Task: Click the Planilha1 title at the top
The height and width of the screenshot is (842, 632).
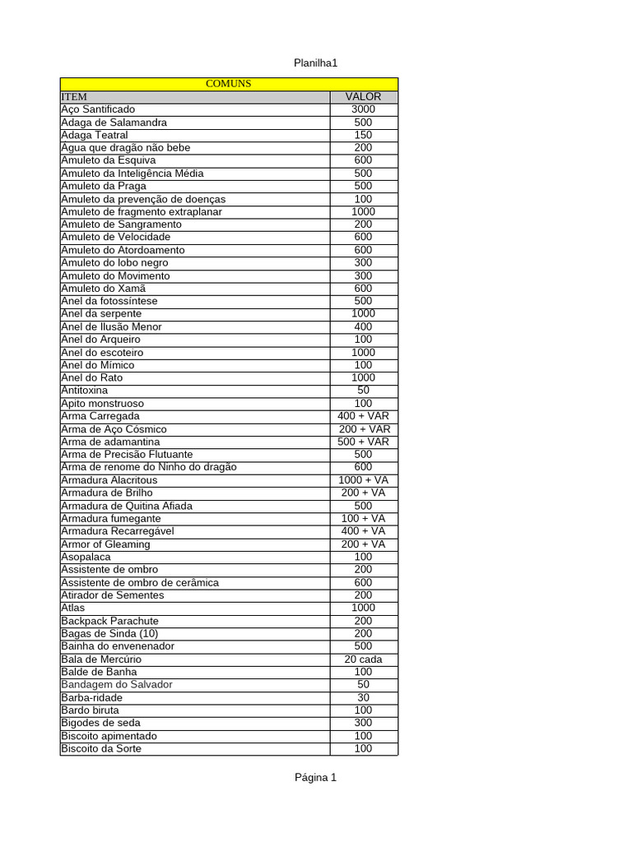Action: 316,63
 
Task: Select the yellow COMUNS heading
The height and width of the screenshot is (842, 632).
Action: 228,84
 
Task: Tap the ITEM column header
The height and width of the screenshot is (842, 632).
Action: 74,97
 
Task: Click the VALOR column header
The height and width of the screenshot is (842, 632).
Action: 363,97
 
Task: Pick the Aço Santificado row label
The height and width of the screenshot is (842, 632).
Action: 98,109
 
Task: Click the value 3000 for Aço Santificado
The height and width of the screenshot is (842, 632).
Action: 363,109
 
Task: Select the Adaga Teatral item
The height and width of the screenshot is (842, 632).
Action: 95,135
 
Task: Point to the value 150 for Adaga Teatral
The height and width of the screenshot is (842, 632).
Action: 363,135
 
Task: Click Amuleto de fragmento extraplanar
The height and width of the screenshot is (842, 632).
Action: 142,211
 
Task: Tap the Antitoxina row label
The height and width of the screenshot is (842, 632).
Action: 85,391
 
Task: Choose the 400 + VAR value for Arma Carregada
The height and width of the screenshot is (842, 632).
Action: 363,416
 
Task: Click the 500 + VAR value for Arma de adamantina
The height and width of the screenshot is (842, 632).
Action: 363,442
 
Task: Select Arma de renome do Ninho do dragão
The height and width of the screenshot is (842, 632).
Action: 149,467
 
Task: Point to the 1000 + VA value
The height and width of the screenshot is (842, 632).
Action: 363,480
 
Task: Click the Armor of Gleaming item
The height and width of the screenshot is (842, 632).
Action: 106,544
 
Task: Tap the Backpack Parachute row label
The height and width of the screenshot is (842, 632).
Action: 110,621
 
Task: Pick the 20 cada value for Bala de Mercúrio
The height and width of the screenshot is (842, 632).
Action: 363,659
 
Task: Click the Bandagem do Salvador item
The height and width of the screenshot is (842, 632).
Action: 117,685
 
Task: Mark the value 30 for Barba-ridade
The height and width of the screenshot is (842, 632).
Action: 363,697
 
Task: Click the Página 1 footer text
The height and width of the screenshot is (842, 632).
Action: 316,778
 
